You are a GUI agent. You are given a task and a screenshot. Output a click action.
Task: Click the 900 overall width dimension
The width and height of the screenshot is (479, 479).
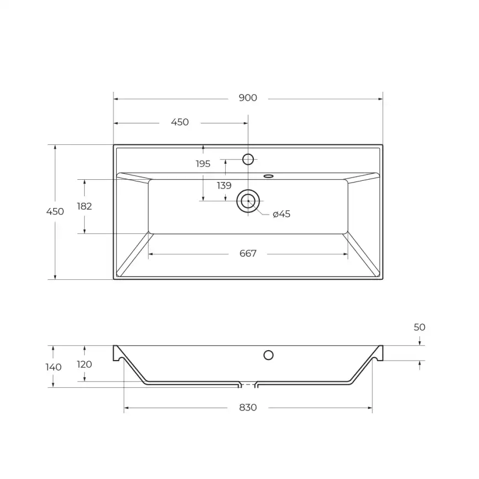click(x=248, y=98)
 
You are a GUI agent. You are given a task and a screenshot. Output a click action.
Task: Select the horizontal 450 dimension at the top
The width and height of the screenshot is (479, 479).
click(x=180, y=122)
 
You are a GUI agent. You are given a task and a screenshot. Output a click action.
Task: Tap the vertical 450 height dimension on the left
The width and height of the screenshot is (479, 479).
click(x=55, y=211)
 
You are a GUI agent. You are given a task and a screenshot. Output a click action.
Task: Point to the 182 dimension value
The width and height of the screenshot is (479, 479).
click(x=84, y=206)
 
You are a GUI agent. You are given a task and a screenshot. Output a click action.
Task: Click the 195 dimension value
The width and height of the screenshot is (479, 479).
click(x=203, y=164)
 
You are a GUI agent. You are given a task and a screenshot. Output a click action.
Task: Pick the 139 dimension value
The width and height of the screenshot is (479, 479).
click(x=224, y=186)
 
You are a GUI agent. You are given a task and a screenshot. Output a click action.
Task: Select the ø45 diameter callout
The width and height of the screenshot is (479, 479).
click(x=282, y=214)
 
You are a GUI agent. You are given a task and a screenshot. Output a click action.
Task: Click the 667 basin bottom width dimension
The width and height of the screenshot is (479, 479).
click(x=248, y=253)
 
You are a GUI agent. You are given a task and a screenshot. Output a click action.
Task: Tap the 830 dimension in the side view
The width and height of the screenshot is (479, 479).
click(x=248, y=408)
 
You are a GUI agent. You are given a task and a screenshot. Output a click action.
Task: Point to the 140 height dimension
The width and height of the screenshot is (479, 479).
click(x=54, y=367)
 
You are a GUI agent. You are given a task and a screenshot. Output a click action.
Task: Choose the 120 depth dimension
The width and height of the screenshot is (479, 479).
click(x=84, y=365)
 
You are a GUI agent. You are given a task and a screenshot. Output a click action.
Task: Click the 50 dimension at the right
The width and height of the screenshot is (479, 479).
click(x=420, y=327)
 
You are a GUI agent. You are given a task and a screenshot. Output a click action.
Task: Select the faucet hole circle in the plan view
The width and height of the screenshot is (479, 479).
click(x=248, y=159)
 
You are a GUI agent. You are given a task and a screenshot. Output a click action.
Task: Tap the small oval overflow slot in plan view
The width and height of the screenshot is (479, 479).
click(x=269, y=176)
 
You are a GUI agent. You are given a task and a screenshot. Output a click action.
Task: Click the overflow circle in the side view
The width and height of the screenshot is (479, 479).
click(x=269, y=355)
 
